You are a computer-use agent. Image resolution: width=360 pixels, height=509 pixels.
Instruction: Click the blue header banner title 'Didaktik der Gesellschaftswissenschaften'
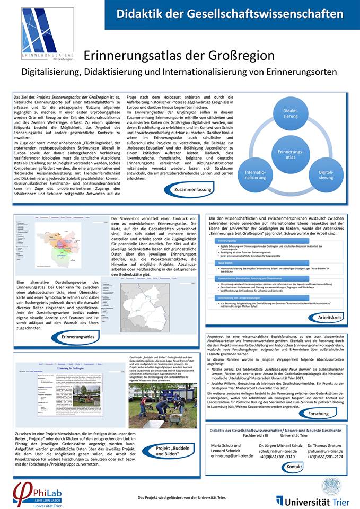click(230, 14)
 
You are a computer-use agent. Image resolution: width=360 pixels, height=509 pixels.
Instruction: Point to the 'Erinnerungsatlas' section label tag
click(78, 337)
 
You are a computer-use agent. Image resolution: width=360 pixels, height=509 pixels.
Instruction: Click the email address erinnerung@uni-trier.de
click(232, 455)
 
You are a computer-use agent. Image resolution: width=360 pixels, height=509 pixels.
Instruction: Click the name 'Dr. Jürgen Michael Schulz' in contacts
click(280, 446)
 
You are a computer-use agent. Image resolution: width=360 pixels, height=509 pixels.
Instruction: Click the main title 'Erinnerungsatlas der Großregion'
click(179, 55)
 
